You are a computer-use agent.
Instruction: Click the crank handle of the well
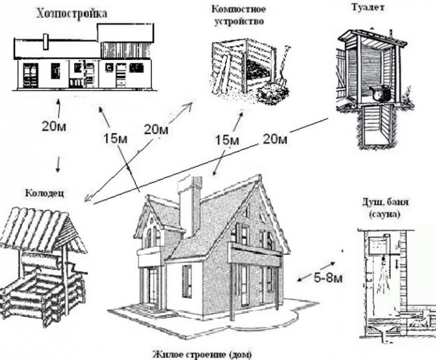(x=79, y=267)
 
